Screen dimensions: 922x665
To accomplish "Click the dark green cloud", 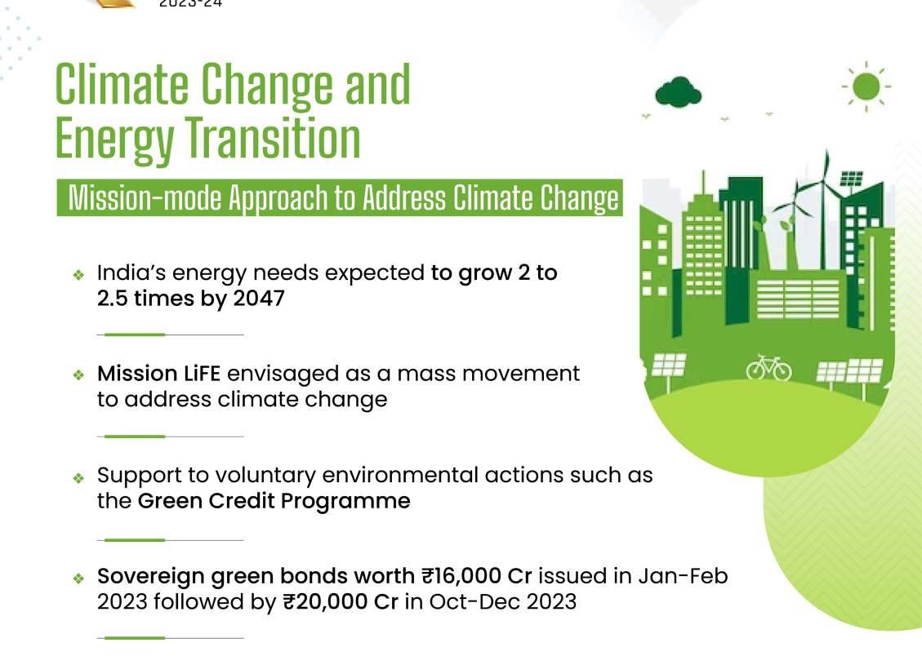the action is [678, 93].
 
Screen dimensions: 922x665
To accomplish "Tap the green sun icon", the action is [866, 86].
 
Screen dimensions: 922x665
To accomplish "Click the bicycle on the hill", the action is [768, 368].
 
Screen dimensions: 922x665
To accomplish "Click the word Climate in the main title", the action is [122, 85].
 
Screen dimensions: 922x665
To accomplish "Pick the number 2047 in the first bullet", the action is [259, 299].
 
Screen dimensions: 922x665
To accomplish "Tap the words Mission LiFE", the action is [158, 374].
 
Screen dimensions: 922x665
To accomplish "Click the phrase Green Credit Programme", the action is [274, 501].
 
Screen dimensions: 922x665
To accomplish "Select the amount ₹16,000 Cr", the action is [476, 576].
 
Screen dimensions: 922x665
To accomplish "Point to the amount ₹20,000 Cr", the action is [341, 602].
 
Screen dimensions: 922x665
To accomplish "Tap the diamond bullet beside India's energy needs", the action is [78, 274].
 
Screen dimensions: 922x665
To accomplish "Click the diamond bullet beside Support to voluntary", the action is [78, 478].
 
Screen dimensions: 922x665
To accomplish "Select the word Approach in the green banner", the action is [278, 198].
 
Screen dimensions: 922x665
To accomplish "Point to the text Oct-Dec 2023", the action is [503, 602].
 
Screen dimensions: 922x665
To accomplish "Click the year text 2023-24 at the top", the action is [190, 3].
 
